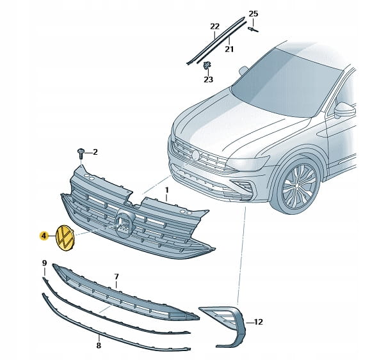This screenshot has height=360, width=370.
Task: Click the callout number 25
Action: (x=253, y=13)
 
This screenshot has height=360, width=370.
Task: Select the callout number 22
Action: (x=214, y=26)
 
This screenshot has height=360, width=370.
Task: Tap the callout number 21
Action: (x=229, y=49)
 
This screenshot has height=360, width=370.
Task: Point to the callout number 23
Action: (x=208, y=79)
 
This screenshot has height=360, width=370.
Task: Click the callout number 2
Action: (x=95, y=152)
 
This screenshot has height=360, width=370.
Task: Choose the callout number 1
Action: (x=167, y=190)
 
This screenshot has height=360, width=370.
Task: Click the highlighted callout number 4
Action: (x=44, y=235)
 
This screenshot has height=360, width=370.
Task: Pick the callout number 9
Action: (x=45, y=263)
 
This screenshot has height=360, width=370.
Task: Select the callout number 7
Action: (x=117, y=276)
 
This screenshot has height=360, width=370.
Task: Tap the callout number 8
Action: (x=99, y=345)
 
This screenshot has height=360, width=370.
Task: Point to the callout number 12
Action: (x=258, y=322)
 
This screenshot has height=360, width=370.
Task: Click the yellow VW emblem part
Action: (x=65, y=238)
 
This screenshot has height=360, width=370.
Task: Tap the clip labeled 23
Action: (x=207, y=65)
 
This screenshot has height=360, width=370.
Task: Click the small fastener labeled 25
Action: (x=253, y=29)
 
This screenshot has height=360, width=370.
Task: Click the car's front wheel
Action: (x=297, y=185)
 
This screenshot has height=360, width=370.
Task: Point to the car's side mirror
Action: (x=344, y=110)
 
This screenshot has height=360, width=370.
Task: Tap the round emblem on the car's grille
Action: (x=196, y=155)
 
